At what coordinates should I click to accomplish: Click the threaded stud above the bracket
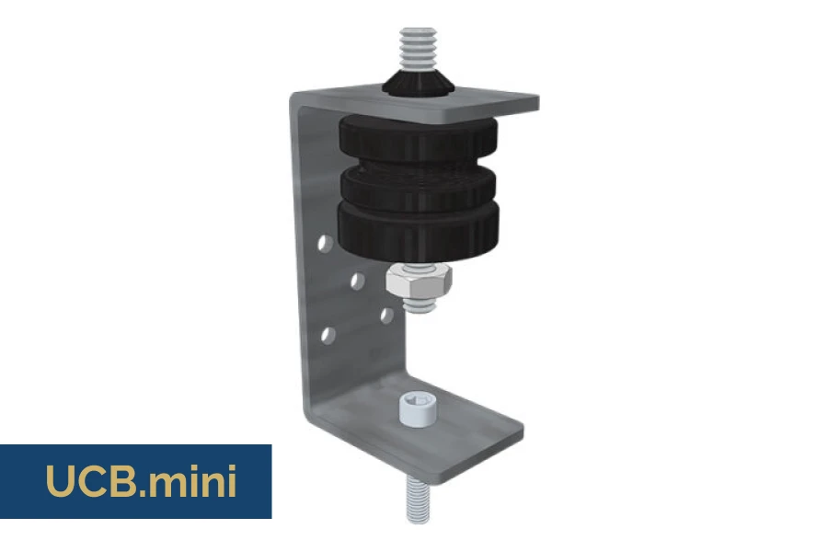click(x=418, y=49)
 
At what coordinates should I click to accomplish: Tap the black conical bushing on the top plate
click(x=419, y=84)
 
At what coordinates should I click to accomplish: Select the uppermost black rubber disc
click(x=418, y=140)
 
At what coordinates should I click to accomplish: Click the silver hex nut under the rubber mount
click(x=419, y=282)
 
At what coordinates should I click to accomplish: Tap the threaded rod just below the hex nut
click(x=420, y=306)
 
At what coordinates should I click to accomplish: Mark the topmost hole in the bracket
click(x=325, y=244)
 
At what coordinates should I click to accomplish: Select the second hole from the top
click(x=358, y=281)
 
